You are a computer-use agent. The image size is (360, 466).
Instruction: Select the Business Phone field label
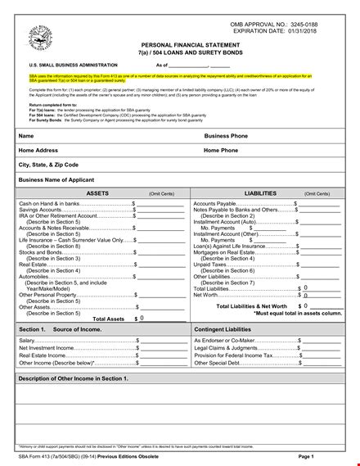227,135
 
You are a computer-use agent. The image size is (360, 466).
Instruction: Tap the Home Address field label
38,150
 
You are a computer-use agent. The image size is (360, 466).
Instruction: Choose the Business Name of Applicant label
56,179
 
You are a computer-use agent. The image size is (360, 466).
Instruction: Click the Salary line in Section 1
28,339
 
